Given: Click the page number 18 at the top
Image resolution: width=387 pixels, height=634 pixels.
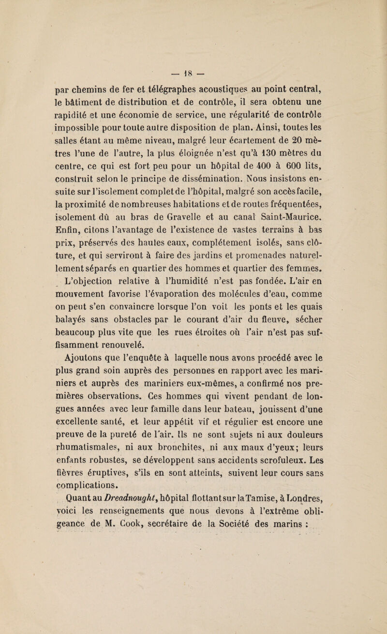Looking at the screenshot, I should click(x=193, y=34).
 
